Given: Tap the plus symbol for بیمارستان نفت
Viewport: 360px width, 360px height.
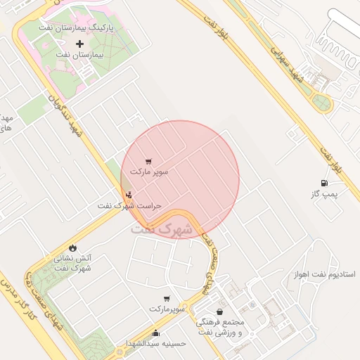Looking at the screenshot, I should [79, 44].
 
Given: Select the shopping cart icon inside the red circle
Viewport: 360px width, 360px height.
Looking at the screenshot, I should [148, 161].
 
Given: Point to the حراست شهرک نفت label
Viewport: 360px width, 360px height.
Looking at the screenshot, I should [129, 206].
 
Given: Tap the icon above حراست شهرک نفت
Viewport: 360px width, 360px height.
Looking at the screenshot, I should [128, 195].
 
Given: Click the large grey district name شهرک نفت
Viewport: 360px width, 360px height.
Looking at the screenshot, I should [161, 229].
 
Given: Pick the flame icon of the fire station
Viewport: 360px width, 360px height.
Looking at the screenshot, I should [72, 247].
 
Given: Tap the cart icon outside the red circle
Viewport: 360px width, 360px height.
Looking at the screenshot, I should [167, 299].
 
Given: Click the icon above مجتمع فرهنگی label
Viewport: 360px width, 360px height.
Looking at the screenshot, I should [220, 311].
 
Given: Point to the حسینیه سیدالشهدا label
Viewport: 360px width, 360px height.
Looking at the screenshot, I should [155, 343].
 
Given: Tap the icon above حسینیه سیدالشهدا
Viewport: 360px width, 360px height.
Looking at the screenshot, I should [155, 333].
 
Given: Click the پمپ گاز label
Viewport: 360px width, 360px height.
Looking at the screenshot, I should [325, 195].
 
